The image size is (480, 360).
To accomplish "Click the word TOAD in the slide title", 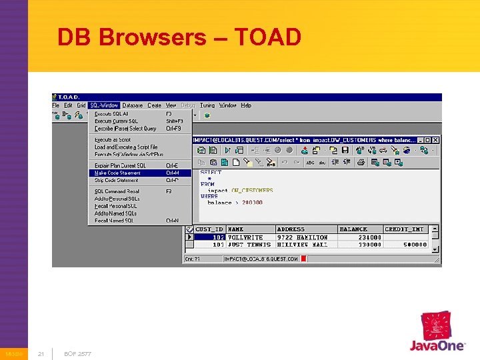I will tap(274, 37).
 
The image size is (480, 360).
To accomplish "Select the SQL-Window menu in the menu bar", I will tap(104, 105).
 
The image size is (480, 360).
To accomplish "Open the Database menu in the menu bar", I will tap(132, 105).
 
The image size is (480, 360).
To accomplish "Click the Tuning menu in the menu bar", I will tap(207, 105).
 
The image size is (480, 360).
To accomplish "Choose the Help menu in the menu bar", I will tap(246, 105).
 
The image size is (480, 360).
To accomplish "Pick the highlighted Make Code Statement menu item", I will tap(117, 173).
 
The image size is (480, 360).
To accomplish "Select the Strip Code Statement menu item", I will tap(116, 180).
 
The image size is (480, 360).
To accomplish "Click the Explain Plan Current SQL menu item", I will tap(120, 165).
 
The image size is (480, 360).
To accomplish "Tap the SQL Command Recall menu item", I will tap(117, 191).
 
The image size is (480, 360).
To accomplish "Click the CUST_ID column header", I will tap(209, 229).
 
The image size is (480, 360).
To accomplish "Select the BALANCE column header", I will tap(353, 229).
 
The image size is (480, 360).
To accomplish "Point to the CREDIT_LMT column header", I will tap(404, 229).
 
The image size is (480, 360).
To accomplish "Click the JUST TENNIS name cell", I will tap(245, 244).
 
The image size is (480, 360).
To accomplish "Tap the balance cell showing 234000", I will tap(369, 237).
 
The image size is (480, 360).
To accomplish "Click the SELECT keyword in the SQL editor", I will tap(211, 173).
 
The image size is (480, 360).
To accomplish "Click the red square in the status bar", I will tap(304, 259).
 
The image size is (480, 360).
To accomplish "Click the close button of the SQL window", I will tap(436, 140).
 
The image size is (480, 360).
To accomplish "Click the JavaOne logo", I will tap(437, 333).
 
